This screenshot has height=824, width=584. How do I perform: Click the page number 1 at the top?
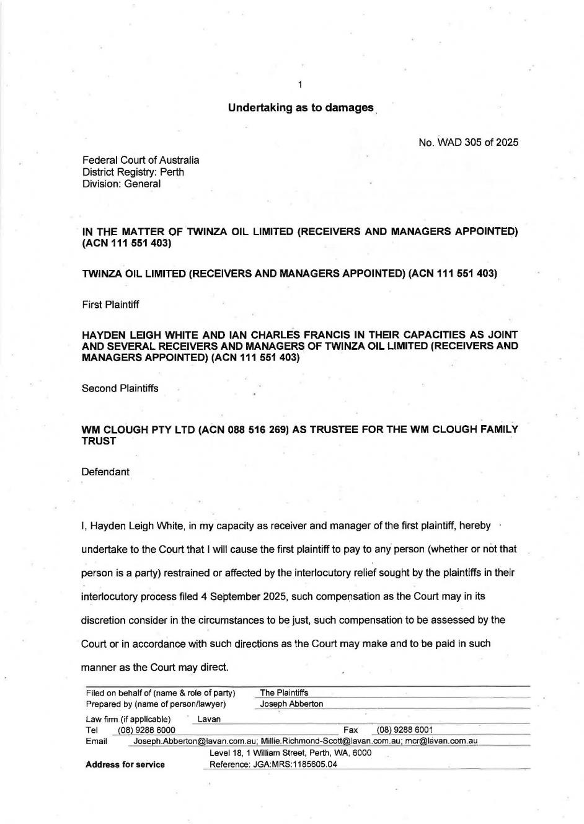coord(300,85)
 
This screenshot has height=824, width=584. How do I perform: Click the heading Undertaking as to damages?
coord(301,107)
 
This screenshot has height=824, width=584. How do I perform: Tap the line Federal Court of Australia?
coord(141,160)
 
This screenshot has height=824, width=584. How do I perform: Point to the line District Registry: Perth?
coord(133,172)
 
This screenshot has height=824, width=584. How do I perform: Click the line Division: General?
coord(122,184)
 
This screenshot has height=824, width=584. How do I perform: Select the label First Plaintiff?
coord(110,305)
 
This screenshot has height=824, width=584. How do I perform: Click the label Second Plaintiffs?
coord(120,388)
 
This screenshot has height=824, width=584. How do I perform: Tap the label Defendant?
coord(105,472)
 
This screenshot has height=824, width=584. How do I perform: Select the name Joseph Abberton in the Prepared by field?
coord(291,704)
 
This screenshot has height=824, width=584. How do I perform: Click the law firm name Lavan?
coord(209,719)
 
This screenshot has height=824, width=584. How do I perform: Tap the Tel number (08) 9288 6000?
coord(146,730)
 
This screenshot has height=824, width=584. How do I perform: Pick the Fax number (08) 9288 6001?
coord(405,730)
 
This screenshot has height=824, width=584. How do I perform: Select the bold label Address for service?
coord(125,764)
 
